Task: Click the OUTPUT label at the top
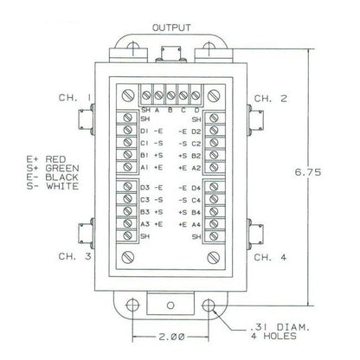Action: pyautogui.click(x=171, y=27)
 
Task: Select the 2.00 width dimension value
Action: pyautogui.click(x=172, y=336)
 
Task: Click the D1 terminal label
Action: pyautogui.click(x=144, y=131)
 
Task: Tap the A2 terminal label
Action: pyautogui.click(x=196, y=167)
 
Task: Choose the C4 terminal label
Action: pyautogui.click(x=196, y=199)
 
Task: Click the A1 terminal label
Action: pyautogui.click(x=144, y=167)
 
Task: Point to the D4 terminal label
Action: pyautogui.click(x=196, y=187)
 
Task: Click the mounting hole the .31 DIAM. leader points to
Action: pyautogui.click(x=209, y=306)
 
